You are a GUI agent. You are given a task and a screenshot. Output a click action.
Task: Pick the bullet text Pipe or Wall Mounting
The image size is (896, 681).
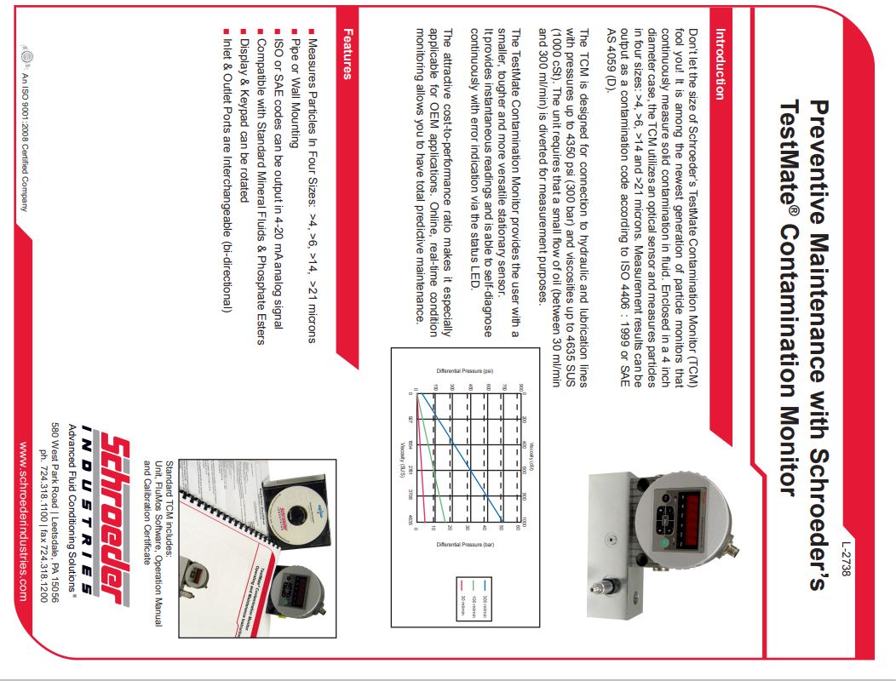[x=295, y=94]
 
